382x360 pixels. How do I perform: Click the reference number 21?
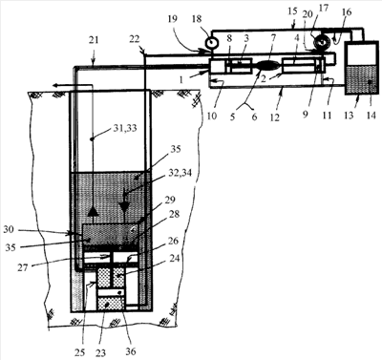(94, 40)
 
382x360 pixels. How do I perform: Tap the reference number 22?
(135, 39)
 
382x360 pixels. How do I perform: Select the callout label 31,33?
(124, 129)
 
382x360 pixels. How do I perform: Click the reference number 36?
(131, 350)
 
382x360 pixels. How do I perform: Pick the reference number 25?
(80, 351)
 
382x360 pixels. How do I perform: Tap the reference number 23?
(100, 351)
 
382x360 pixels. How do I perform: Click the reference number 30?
(9, 229)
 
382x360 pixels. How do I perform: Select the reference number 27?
(23, 267)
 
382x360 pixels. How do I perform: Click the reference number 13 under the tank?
(349, 116)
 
